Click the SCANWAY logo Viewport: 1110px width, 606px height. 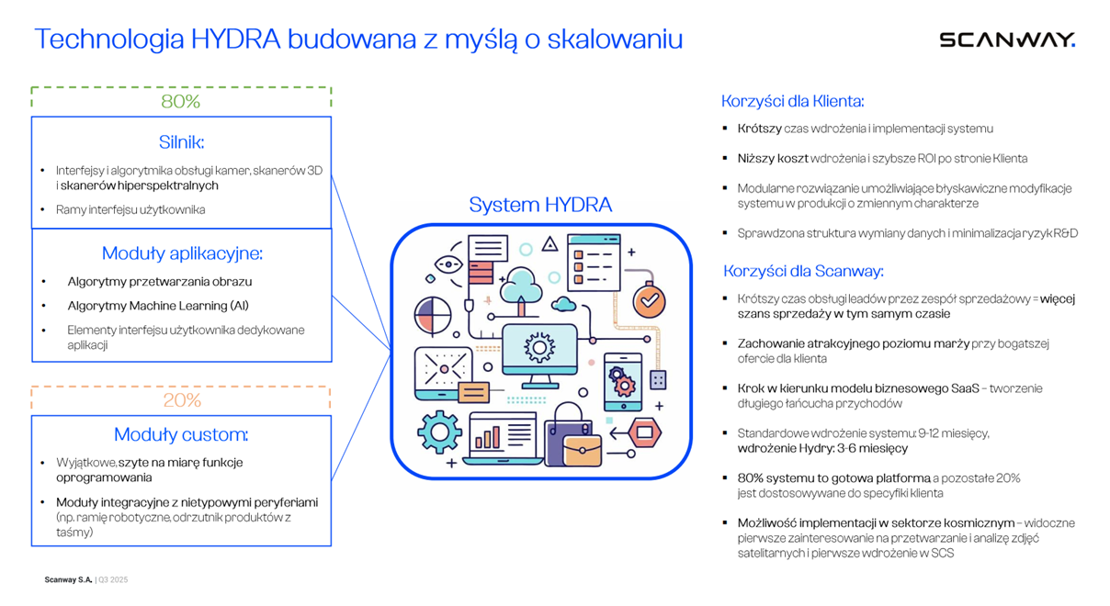1006,39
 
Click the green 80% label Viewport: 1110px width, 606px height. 181,102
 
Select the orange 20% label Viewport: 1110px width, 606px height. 182,400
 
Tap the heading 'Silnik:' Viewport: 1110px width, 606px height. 181,142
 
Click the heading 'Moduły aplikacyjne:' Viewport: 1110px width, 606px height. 182,253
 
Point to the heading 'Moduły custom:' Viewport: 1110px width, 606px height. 181,434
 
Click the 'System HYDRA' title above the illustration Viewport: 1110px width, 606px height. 540,205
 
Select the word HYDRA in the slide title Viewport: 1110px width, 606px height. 236,39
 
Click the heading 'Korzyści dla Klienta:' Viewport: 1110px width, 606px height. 792,101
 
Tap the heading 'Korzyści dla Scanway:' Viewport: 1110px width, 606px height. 803,271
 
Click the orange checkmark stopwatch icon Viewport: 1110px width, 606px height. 650,299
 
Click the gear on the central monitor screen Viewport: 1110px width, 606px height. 539,348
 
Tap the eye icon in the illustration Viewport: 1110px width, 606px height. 448,264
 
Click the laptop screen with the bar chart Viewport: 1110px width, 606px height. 503,433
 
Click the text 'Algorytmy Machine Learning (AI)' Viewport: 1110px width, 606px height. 158,306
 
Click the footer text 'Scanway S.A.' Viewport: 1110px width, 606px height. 69,580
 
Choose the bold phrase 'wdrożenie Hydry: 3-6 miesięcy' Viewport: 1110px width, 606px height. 822,448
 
